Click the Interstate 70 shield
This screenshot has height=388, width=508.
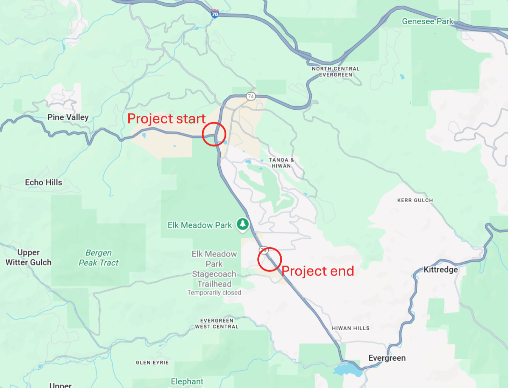(215, 14)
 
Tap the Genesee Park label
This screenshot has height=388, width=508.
(427, 22)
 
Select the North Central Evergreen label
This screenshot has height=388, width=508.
(336, 72)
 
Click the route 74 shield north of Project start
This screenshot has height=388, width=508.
(251, 96)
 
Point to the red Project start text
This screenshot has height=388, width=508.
(166, 119)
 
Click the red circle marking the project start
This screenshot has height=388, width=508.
(214, 134)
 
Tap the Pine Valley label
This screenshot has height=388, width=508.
(68, 117)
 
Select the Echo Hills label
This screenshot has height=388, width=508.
(44, 182)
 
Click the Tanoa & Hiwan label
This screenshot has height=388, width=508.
(281, 163)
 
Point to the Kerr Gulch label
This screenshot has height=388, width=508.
(415, 200)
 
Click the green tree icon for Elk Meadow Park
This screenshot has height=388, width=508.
(243, 224)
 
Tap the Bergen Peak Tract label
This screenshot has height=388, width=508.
(98, 258)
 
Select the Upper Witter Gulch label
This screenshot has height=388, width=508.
(28, 258)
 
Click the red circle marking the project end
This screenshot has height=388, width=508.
(270, 259)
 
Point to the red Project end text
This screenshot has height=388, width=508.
(318, 271)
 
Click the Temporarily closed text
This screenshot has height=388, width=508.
(214, 293)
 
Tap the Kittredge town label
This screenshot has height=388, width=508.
(441, 270)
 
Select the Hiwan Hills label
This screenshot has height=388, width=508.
(351, 328)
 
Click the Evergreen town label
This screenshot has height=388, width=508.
(387, 358)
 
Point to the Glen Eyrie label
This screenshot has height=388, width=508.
(152, 363)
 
